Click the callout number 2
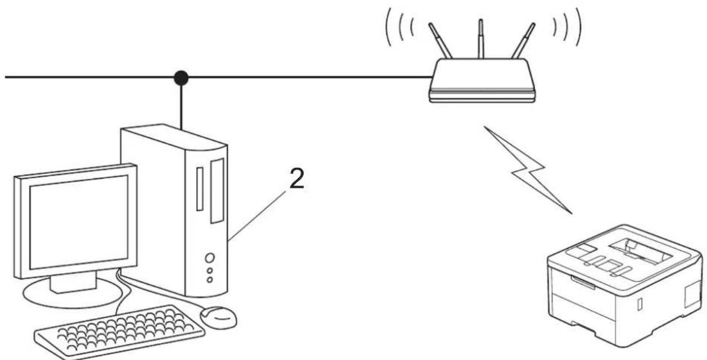click(x=296, y=178)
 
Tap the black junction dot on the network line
click(x=181, y=78)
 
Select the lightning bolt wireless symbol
click(x=528, y=170)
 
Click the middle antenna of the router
click(x=481, y=39)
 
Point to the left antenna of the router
click(x=440, y=40)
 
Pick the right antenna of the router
click(x=523, y=40)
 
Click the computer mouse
click(x=218, y=317)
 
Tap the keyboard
click(x=119, y=331)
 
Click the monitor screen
click(x=79, y=222)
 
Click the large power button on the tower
click(x=210, y=258)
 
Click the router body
click(x=482, y=80)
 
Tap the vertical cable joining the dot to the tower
click(x=181, y=107)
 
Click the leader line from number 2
click(x=257, y=216)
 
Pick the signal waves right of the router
click(x=567, y=27)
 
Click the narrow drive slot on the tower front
click(x=200, y=189)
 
